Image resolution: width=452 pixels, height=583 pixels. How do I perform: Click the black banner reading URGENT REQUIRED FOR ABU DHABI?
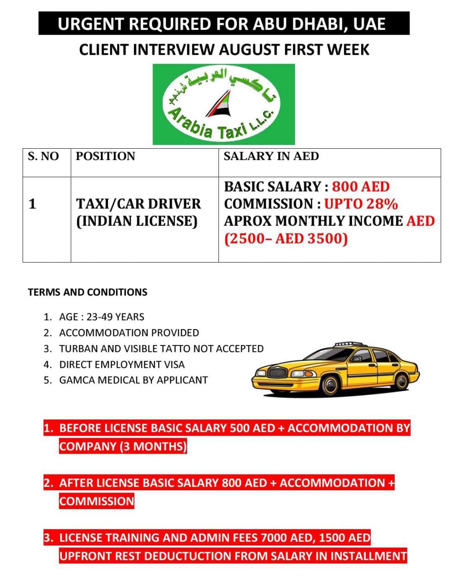pyautogui.click(x=224, y=24)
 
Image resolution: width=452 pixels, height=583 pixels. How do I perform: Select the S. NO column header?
pyautogui.click(x=43, y=156)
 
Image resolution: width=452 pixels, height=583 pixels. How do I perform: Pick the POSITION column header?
pyautogui.click(x=105, y=156)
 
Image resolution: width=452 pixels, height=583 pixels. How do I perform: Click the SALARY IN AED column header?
pyautogui.click(x=271, y=156)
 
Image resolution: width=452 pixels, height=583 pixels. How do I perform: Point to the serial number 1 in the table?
pyautogui.click(x=32, y=204)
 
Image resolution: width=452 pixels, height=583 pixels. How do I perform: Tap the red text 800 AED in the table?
pyautogui.click(x=361, y=187)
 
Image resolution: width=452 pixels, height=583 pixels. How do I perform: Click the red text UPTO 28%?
pyautogui.click(x=361, y=204)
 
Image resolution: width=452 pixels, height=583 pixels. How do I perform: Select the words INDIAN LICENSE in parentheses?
pyautogui.click(x=137, y=221)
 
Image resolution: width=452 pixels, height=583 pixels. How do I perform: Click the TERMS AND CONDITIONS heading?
pyautogui.click(x=88, y=292)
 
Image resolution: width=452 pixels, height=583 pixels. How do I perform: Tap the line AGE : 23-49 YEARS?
pyautogui.click(x=102, y=317)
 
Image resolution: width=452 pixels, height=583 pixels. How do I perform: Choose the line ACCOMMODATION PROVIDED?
pyautogui.click(x=129, y=333)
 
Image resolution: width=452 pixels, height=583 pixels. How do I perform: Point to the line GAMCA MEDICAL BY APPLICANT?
pyautogui.click(x=133, y=380)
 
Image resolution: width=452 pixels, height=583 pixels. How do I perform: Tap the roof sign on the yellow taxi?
pyautogui.click(x=347, y=343)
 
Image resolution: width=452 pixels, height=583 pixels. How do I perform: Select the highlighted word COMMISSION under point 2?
pyautogui.click(x=97, y=501)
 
